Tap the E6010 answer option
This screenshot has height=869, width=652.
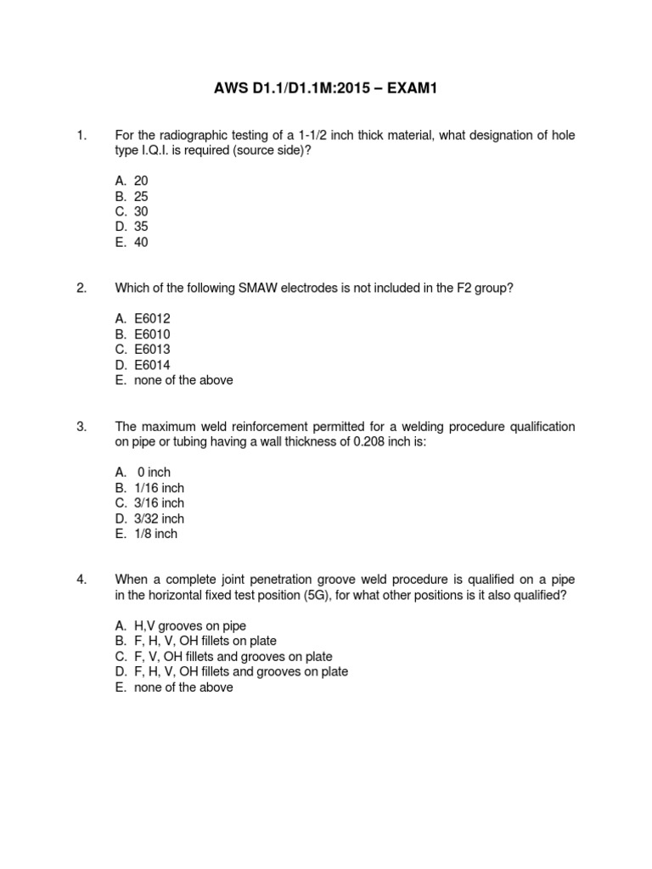click(x=152, y=334)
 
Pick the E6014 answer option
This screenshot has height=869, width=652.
click(x=152, y=365)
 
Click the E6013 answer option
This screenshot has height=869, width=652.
click(x=152, y=350)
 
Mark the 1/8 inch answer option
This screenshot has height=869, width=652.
click(x=155, y=534)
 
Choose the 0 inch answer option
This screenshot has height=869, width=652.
click(x=154, y=473)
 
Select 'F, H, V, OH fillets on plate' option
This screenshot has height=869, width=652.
click(x=205, y=642)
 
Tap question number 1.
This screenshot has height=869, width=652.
click(x=81, y=135)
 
